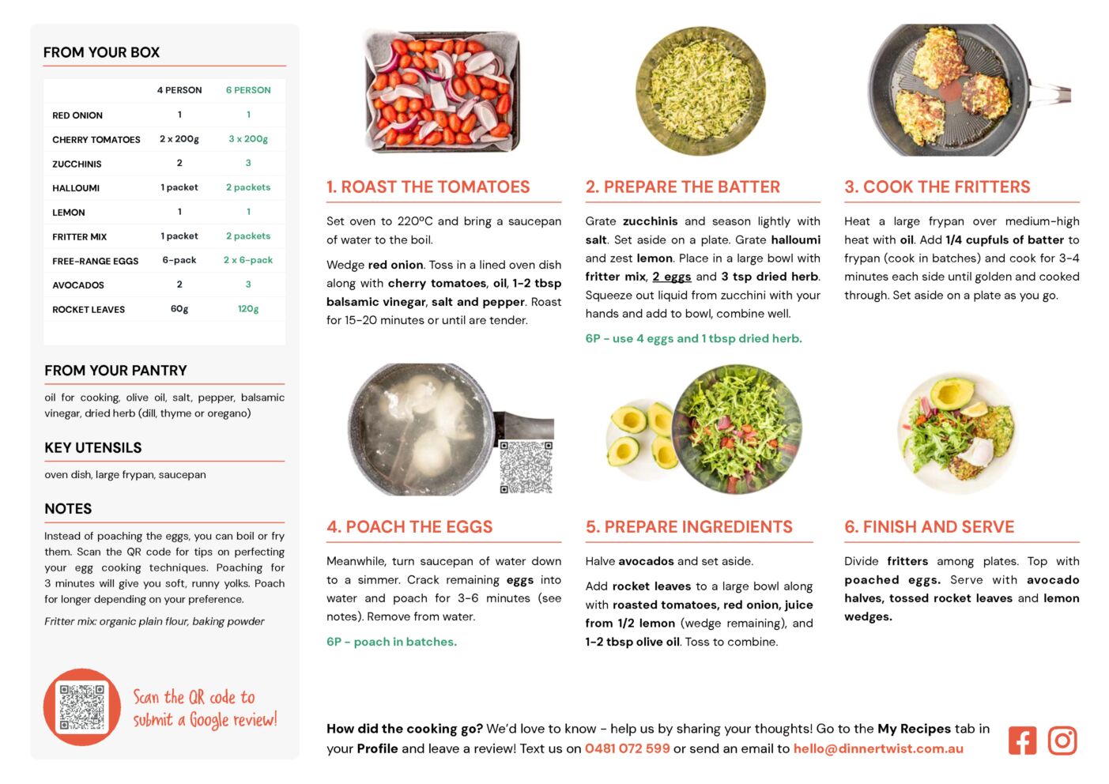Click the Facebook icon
(x=1022, y=741)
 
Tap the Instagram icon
(x=1062, y=741)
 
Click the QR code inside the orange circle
(x=82, y=707)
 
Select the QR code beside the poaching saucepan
(x=526, y=467)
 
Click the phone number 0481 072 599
(x=627, y=748)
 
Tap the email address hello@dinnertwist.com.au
(x=878, y=748)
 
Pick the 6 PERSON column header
(x=248, y=90)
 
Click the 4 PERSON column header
(x=179, y=90)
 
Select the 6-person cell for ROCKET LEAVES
(x=248, y=309)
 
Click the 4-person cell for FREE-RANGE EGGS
(x=179, y=260)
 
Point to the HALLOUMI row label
(x=76, y=188)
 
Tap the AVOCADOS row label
(x=78, y=285)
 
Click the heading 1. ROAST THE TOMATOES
(x=428, y=187)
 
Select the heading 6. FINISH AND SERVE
(x=930, y=527)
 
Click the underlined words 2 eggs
(x=671, y=277)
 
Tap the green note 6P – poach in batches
(x=391, y=642)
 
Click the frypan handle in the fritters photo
(x=1051, y=94)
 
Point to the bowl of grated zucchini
(x=700, y=91)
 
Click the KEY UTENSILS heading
(x=93, y=448)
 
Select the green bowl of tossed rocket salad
(x=737, y=429)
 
